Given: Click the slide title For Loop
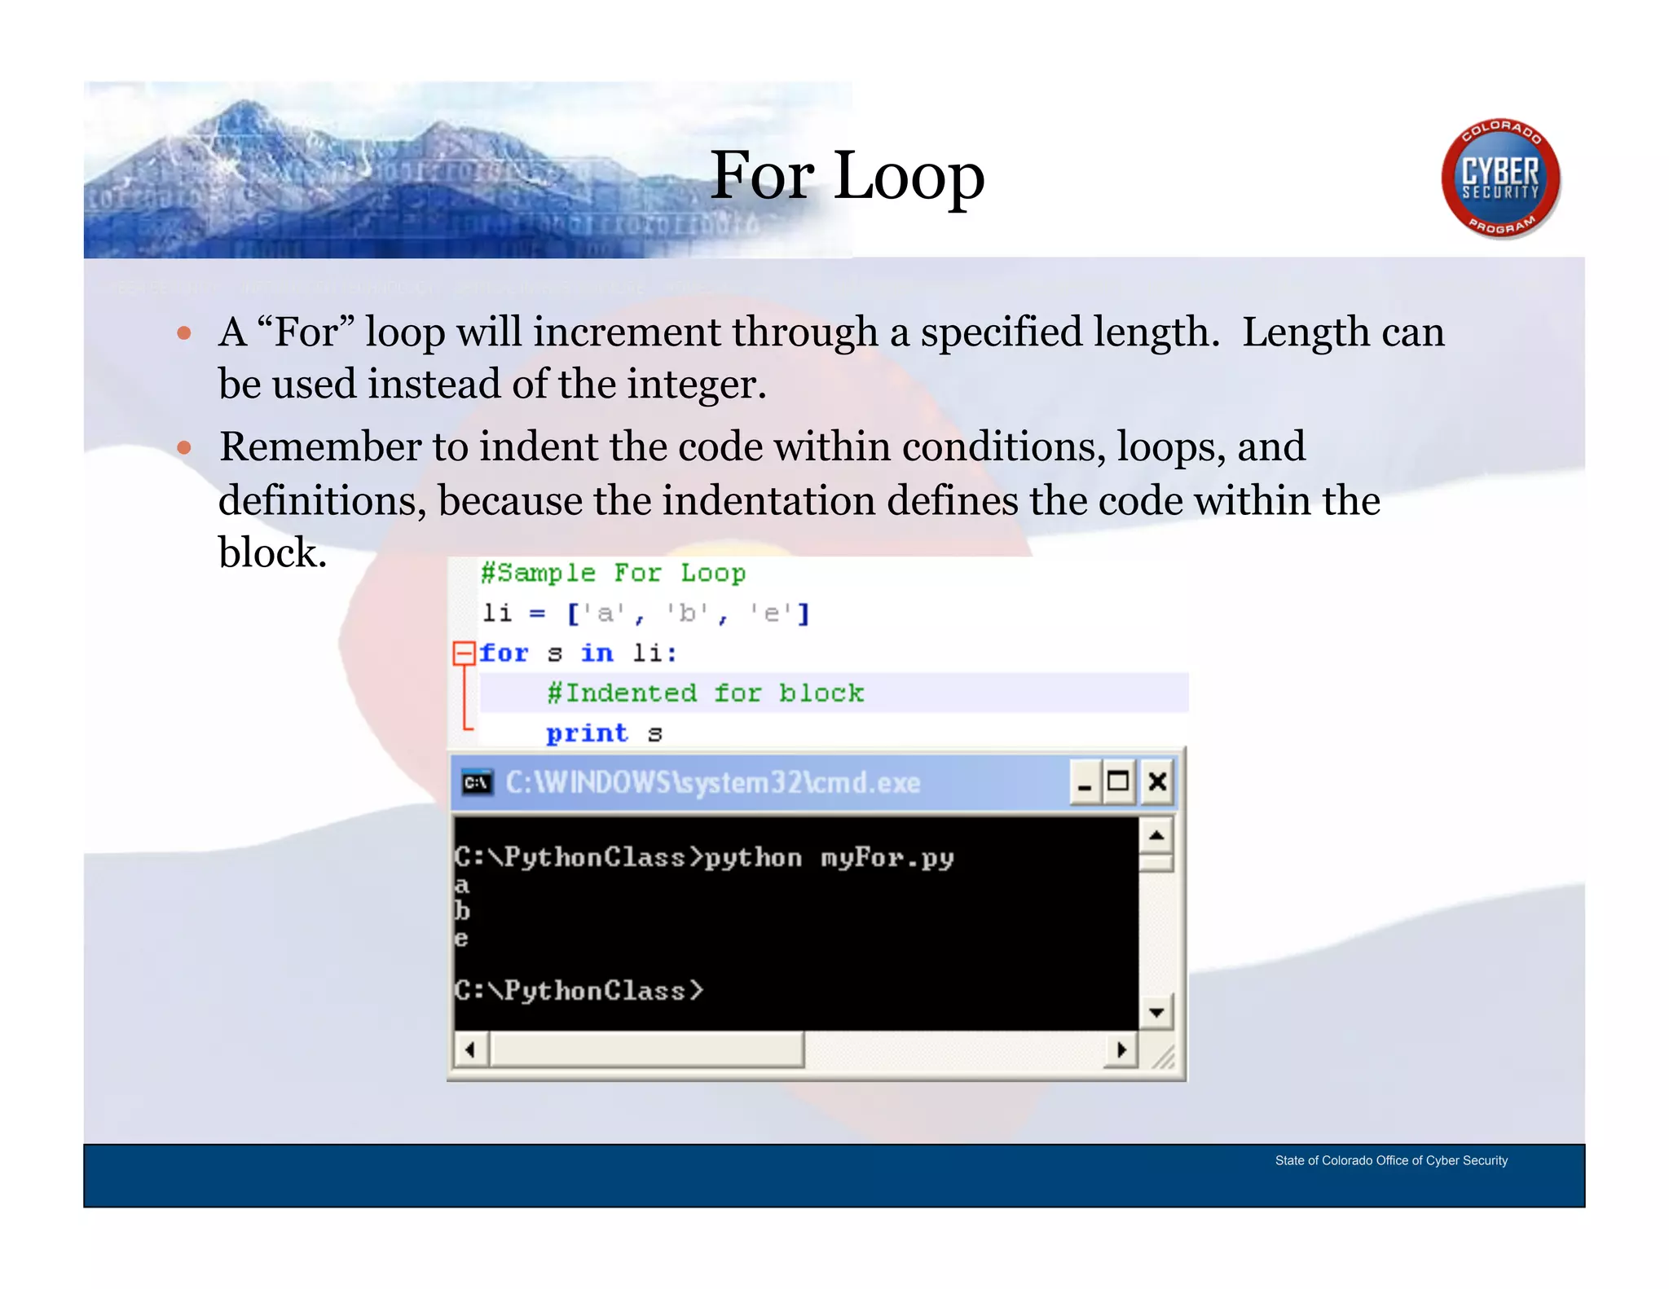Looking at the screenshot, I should tap(847, 176).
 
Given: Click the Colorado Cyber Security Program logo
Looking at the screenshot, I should tap(1499, 179).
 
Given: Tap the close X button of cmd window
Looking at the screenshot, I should tap(1156, 782).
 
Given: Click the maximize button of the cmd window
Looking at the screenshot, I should tap(1118, 782).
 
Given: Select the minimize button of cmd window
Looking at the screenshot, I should tap(1084, 782).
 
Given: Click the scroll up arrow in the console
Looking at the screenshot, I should tap(1156, 835).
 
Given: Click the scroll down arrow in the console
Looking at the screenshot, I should tap(1156, 1013).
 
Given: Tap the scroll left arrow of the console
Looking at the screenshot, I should tap(470, 1049).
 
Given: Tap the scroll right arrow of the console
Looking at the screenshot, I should tap(1121, 1049).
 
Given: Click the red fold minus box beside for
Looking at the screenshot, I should tap(464, 653).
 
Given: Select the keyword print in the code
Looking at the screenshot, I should tap(587, 733).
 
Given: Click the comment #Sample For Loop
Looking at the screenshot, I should tap(613, 573).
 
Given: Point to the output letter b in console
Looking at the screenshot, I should tap(462, 911).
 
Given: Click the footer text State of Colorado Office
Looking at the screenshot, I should tap(1390, 1160).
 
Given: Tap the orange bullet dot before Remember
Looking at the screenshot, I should tap(184, 447).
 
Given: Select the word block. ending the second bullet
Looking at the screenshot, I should tap(272, 552).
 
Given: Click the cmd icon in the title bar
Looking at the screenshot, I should tap(477, 783).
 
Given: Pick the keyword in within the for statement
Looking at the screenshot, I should tap(597, 653).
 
